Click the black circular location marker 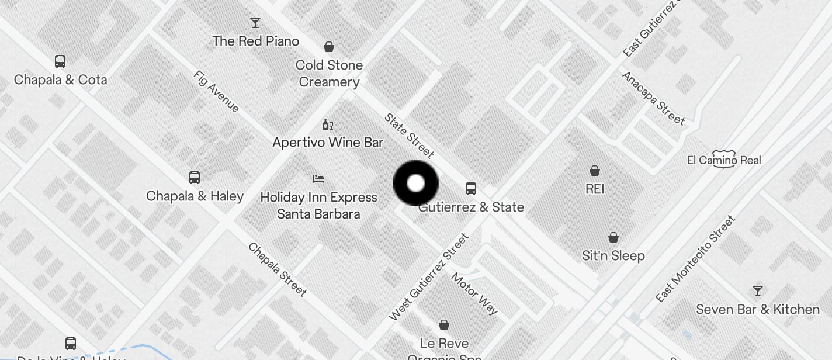coord(415,184)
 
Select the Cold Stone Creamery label coord(329,73)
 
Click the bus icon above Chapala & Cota coord(60,61)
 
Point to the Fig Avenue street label coord(216,91)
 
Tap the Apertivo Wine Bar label coord(328,142)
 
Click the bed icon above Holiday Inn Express coord(318,179)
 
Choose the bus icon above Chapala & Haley coord(195,178)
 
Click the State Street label coord(409,136)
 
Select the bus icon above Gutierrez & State coord(471,189)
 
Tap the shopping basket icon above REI coord(595,171)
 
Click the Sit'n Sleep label coord(613,255)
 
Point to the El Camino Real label coord(724,160)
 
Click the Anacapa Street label coord(653,98)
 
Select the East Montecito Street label coord(695,259)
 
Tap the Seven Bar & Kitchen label coord(757,309)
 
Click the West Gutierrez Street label coord(429,277)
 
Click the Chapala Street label coord(278,269)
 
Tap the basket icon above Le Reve coord(444,325)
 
